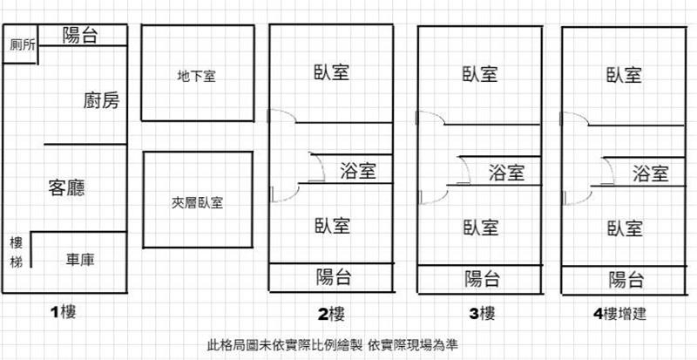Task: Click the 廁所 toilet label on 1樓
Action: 22,46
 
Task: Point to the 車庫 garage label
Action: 83,259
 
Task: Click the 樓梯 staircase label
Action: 16,251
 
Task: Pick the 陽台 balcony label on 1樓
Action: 80,35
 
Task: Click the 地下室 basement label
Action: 196,76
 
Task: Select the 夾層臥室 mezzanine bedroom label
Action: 197,203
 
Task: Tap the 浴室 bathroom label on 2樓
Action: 358,170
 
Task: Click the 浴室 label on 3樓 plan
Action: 506,172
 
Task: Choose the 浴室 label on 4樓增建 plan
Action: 651,172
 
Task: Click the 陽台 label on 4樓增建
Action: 626,279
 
